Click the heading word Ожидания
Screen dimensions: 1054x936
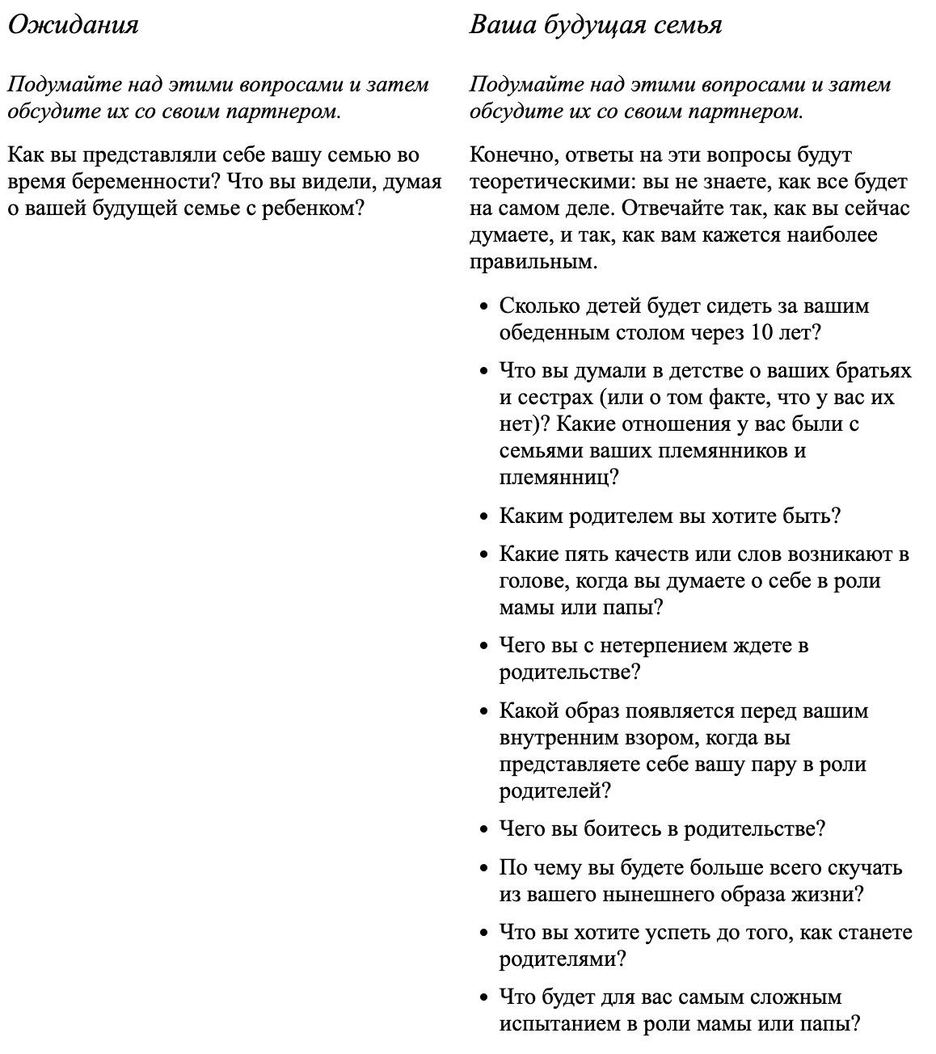(73, 25)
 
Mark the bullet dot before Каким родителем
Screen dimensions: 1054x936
(483, 516)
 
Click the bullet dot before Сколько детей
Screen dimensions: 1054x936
(483, 307)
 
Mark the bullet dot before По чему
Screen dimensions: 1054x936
(483, 868)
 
